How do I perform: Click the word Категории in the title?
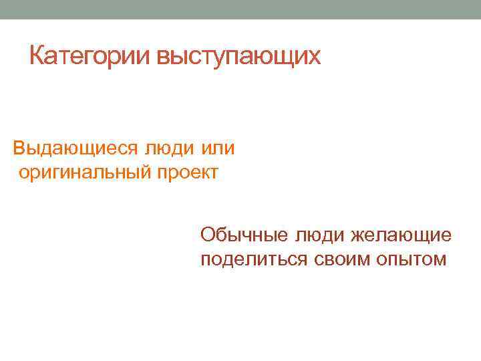(x=90, y=57)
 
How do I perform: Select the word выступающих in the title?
(x=238, y=57)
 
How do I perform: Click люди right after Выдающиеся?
(x=170, y=148)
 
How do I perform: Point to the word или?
(x=218, y=148)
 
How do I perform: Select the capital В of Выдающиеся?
(x=19, y=148)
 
